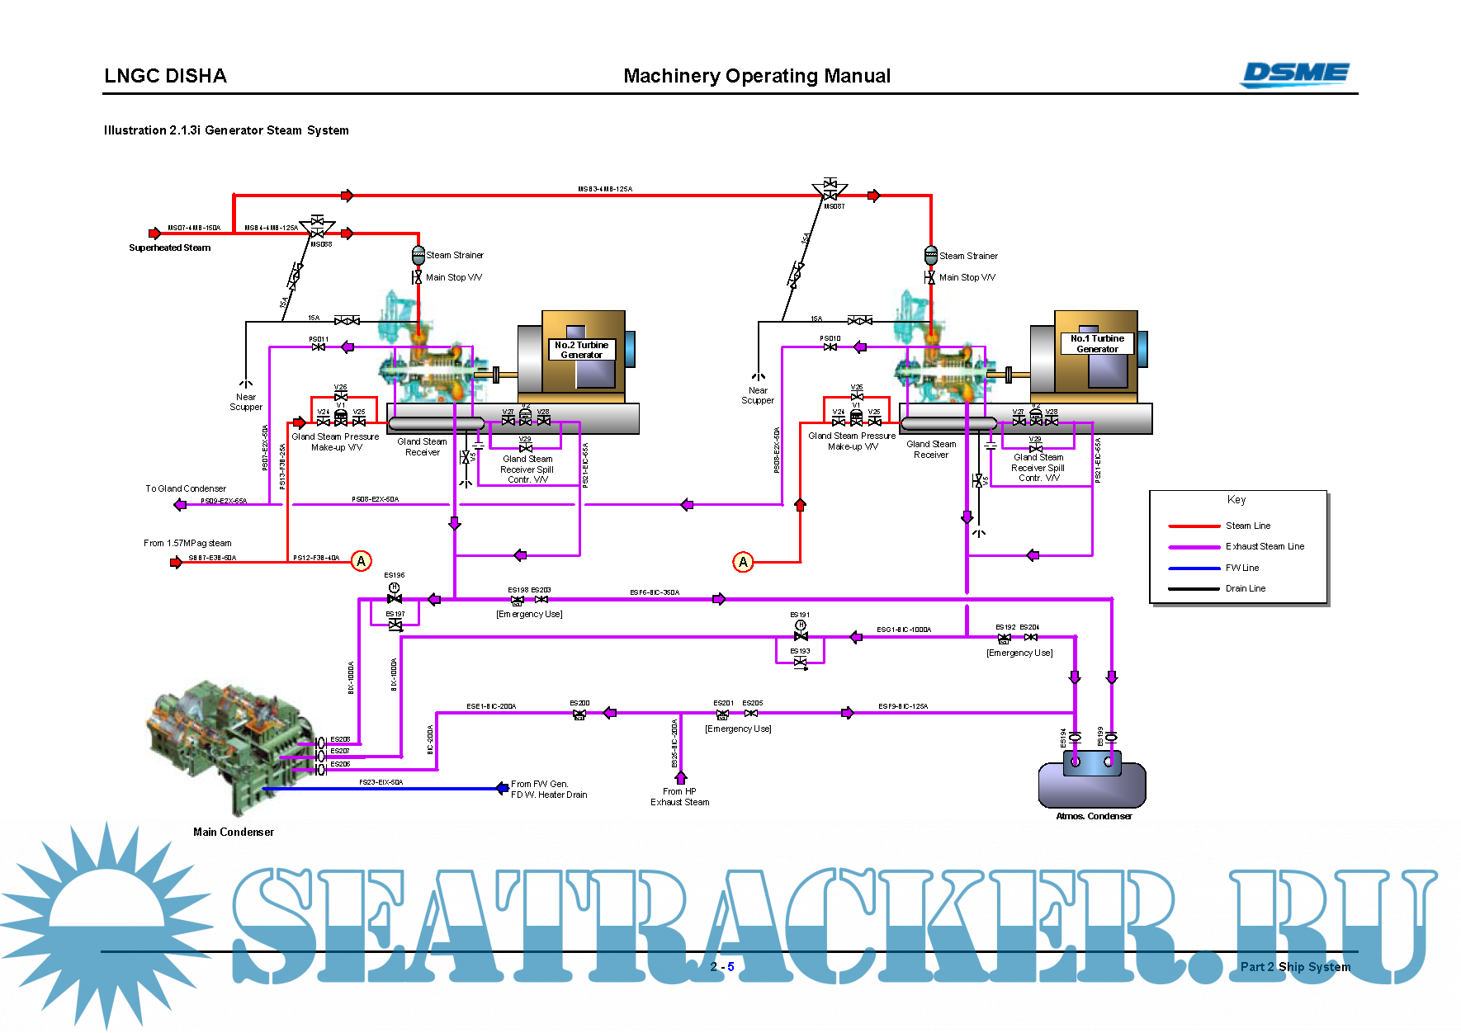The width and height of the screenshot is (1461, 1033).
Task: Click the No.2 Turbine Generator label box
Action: tap(581, 350)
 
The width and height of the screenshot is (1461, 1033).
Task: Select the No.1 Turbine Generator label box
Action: tap(1097, 343)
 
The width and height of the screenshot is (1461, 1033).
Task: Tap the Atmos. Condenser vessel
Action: tap(1091, 783)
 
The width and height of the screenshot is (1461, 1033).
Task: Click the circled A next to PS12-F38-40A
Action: tap(361, 561)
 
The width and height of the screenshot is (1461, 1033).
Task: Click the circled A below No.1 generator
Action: tap(743, 562)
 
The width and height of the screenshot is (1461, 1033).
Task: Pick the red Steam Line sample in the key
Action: tap(1194, 526)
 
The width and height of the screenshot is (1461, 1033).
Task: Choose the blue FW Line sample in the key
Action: tap(1194, 568)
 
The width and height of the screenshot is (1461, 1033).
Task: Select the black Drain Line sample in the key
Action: tap(1194, 588)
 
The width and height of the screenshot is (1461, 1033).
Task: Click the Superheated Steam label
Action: tap(169, 248)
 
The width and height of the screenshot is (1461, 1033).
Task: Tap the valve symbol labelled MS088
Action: tap(316, 228)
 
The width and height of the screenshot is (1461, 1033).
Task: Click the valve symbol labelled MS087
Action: tap(830, 190)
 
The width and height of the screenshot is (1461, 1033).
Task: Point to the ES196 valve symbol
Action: tap(395, 597)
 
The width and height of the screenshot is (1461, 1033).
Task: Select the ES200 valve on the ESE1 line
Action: tap(579, 714)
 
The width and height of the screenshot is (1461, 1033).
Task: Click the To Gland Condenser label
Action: tap(186, 488)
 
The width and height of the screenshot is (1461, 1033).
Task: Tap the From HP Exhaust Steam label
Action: tap(679, 796)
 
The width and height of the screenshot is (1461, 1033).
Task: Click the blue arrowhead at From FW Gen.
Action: tap(502, 788)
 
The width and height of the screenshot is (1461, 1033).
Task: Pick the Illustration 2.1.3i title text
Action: tap(226, 130)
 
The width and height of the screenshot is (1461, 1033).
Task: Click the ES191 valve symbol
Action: tap(800, 635)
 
